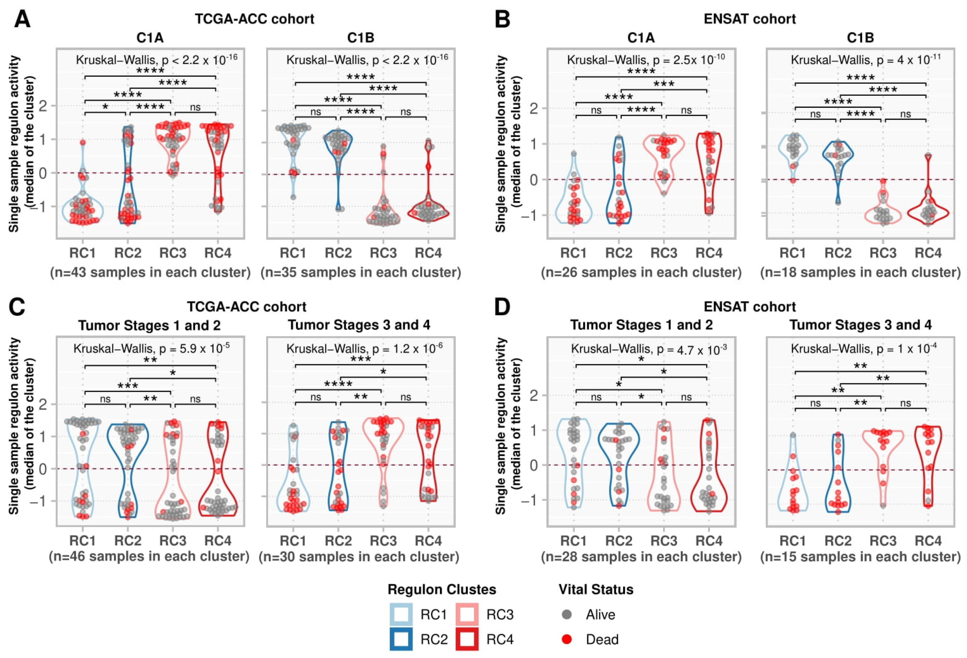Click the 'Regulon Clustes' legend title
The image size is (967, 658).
(442, 589)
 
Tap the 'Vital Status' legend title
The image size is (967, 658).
(596, 589)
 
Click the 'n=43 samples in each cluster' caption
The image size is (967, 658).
(150, 272)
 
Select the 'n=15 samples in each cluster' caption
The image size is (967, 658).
(860, 557)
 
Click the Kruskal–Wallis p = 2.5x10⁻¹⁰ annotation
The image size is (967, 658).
(645, 60)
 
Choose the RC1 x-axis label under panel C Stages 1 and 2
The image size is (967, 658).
(82, 541)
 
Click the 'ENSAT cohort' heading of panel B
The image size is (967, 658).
(750, 19)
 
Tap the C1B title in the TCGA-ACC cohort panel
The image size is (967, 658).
(361, 38)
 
